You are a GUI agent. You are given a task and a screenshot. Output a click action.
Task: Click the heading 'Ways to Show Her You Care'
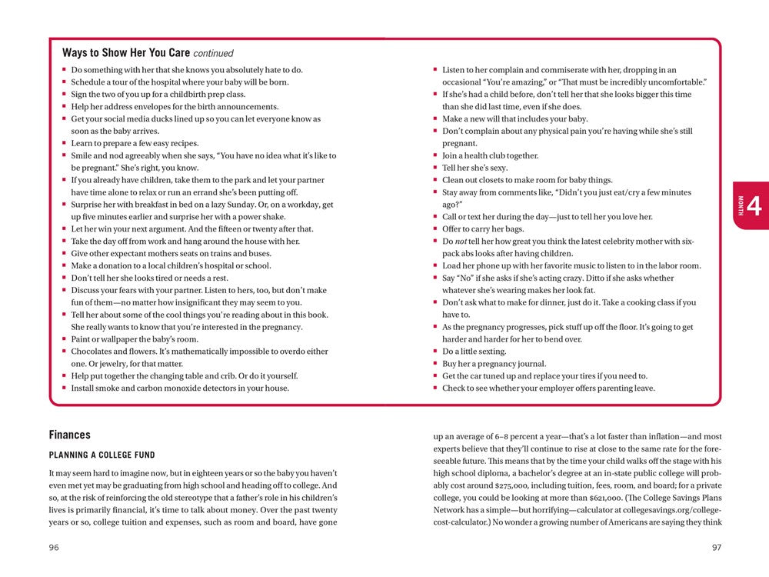coord(125,53)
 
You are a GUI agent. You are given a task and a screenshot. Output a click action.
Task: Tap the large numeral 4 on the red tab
coord(754,206)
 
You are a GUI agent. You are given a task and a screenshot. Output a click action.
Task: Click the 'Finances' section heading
coord(70,435)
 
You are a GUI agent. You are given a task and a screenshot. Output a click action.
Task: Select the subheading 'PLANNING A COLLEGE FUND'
coord(102,455)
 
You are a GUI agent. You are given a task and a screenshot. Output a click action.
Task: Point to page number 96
coord(54,548)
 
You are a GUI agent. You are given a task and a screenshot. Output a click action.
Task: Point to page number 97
coord(716,548)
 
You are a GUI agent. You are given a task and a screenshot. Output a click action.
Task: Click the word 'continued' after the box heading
coord(213,54)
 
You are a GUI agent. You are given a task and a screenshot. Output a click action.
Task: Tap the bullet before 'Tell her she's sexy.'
coord(435,168)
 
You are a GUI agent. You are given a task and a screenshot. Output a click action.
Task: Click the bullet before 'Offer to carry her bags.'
coord(435,229)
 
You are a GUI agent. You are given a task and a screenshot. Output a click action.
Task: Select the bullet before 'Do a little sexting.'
coord(435,352)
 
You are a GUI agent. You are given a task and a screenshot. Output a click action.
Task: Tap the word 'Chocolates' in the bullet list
coord(93,352)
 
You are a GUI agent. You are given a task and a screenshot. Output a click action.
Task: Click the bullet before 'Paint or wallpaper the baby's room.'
coord(65,339)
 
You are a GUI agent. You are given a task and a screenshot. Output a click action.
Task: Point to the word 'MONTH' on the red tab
coord(741,206)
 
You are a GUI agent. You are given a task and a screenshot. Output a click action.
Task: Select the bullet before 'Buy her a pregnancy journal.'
coord(435,364)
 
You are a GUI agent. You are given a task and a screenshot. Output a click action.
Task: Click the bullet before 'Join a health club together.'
coord(435,155)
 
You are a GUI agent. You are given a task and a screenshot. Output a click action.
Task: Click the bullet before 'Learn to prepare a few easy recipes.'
coord(65,143)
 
